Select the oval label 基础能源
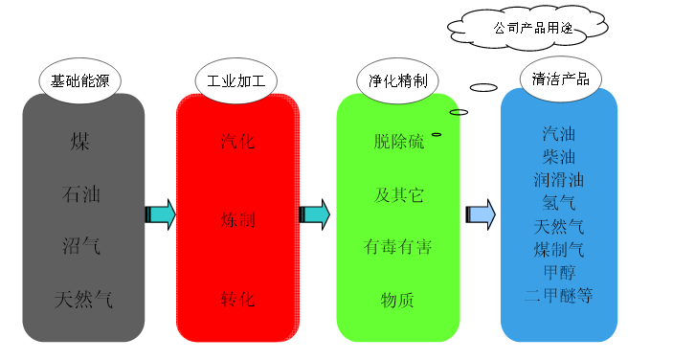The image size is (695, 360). click(x=81, y=80)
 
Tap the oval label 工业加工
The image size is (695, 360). click(x=235, y=80)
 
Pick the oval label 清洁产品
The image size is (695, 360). click(x=560, y=79)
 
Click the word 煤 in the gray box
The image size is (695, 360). click(x=81, y=142)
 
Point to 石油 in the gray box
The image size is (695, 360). click(x=81, y=194)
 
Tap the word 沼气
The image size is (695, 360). click(x=81, y=247)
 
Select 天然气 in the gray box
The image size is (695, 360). click(x=83, y=300)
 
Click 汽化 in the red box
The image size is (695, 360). click(x=237, y=142)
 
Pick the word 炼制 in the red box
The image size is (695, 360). click(x=237, y=220)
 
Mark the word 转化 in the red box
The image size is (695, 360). click(x=237, y=300)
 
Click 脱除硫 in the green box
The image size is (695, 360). click(x=398, y=142)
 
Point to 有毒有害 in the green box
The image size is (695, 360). click(x=398, y=247)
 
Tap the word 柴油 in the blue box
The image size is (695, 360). click(x=560, y=156)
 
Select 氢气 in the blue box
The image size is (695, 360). click(x=560, y=203)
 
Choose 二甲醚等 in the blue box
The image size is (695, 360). click(x=560, y=295)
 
